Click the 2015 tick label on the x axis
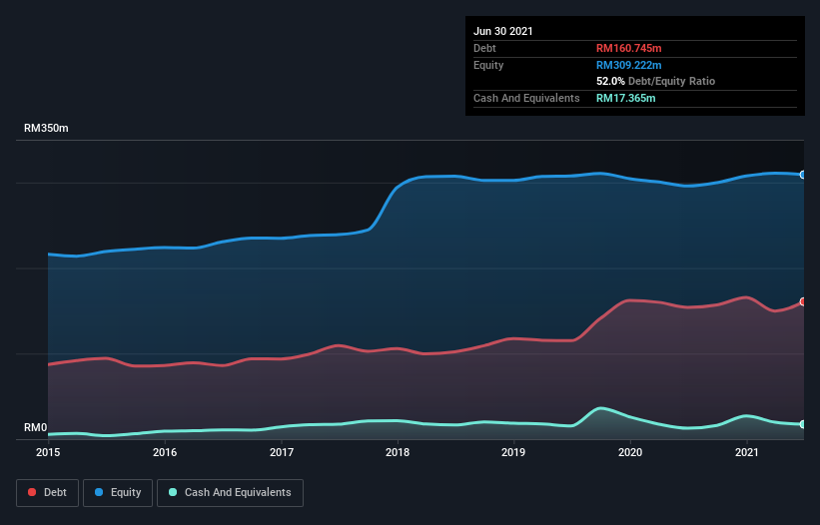pyautogui.click(x=48, y=452)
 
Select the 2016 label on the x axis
pyautogui.click(x=165, y=452)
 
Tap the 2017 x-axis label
pyautogui.click(x=282, y=452)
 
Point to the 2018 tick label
pyautogui.click(x=398, y=452)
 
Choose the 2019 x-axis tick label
pyautogui.click(x=514, y=452)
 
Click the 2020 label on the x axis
pyautogui.click(x=631, y=452)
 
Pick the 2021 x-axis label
pyautogui.click(x=747, y=452)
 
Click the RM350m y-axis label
pyautogui.click(x=47, y=129)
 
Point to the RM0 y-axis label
pyautogui.click(x=36, y=428)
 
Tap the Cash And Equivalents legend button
pyautogui.click(x=230, y=492)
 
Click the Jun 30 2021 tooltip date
pyautogui.click(x=503, y=31)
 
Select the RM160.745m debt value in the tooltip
pyautogui.click(x=628, y=48)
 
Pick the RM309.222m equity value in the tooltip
pyautogui.click(x=628, y=65)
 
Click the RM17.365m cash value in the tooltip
pyautogui.click(x=625, y=98)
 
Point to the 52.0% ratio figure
pyautogui.click(x=610, y=81)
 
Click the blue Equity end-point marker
pyautogui.click(x=802, y=175)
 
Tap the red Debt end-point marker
pyautogui.click(x=802, y=301)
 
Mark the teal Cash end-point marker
pyautogui.click(x=802, y=424)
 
